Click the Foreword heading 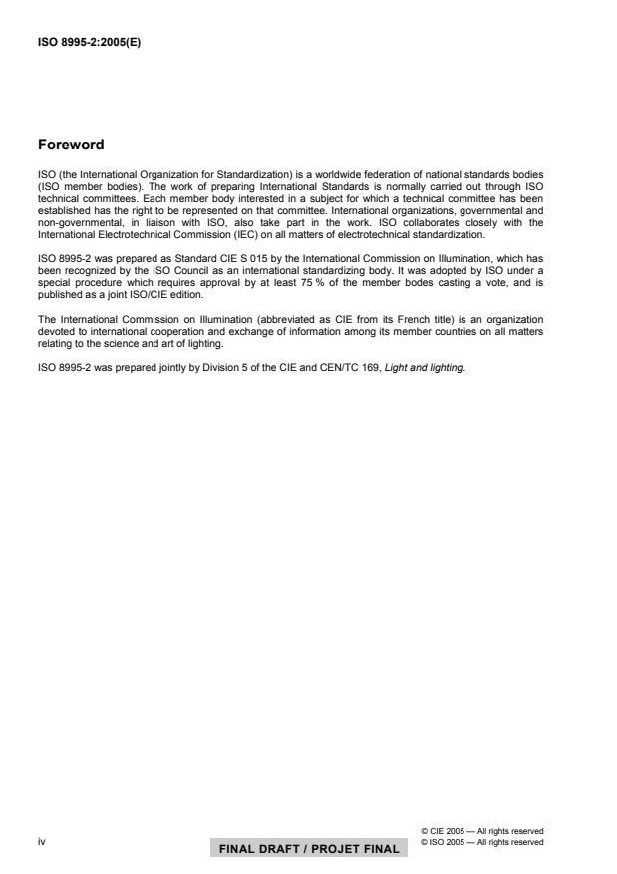71,145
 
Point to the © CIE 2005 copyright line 482,831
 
